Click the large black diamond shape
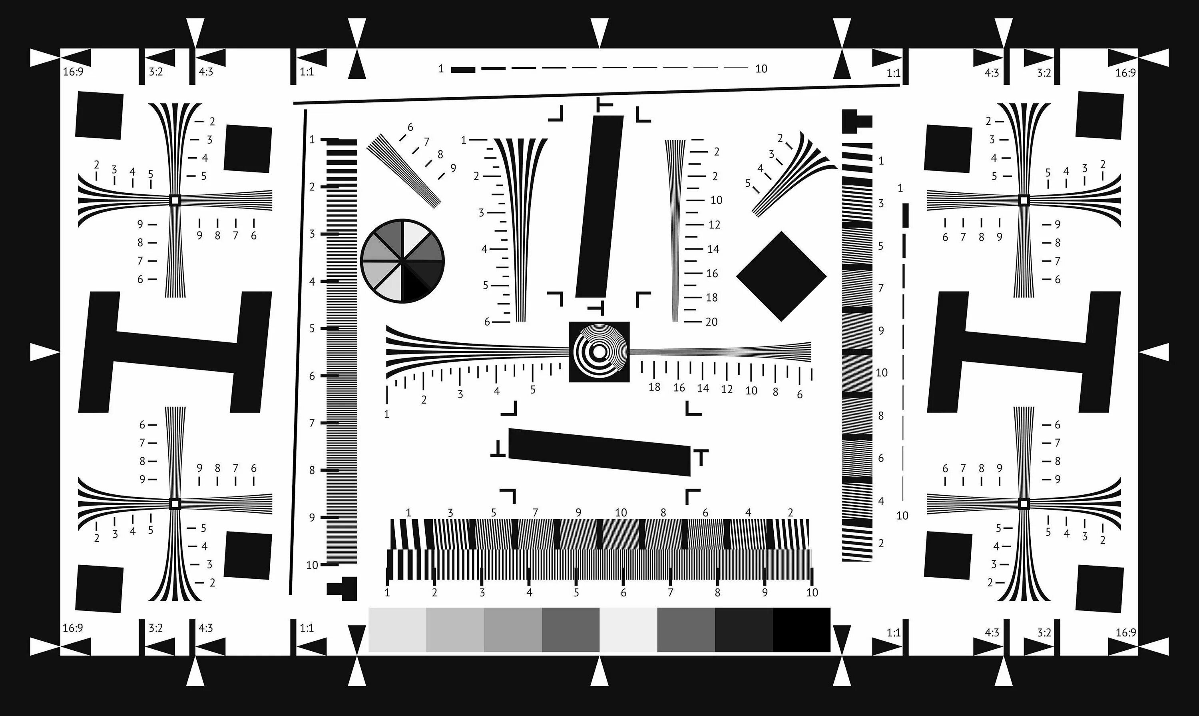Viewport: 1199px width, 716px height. [781, 276]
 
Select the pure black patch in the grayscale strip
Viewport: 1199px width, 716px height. [801, 630]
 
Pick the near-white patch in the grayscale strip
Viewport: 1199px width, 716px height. [628, 630]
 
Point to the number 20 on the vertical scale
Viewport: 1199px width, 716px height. [711, 322]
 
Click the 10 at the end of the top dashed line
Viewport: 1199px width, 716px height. [761, 69]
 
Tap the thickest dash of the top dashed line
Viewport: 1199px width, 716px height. [463, 70]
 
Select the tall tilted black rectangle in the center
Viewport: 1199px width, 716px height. [599, 206]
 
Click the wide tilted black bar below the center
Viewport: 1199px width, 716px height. [599, 452]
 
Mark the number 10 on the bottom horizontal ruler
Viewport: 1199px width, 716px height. [812, 592]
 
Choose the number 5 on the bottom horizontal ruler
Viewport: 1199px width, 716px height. [576, 592]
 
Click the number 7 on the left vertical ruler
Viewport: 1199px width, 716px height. [312, 423]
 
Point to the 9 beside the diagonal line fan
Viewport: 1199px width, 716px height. [453, 168]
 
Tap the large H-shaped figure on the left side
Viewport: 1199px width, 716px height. [175, 352]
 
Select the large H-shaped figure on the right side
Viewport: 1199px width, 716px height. [1024, 352]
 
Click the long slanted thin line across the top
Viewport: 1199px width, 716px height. [596, 94]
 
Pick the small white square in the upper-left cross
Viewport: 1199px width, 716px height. [175, 200]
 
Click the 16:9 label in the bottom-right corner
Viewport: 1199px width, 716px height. [1125, 632]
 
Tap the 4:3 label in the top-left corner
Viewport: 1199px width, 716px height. [206, 72]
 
